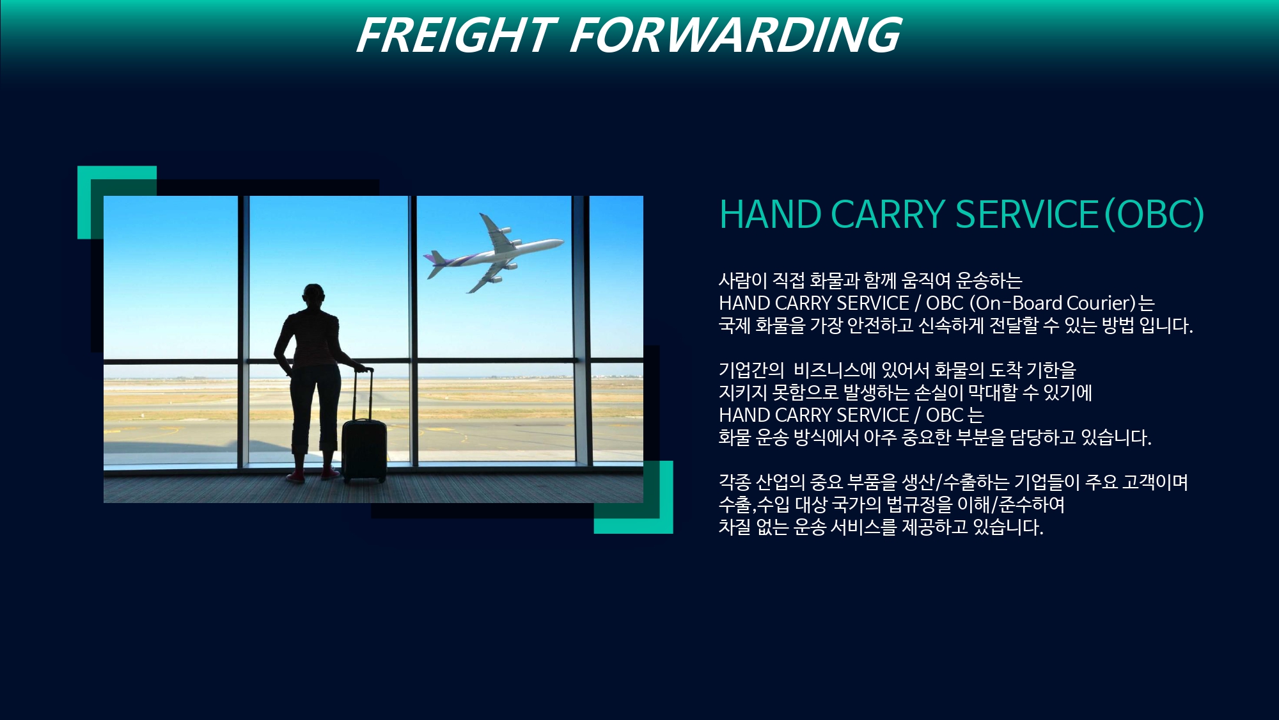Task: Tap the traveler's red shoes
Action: pyautogui.click(x=313, y=474)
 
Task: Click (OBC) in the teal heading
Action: pyautogui.click(x=1155, y=214)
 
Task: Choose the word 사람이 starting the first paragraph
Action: pyautogui.click(x=742, y=280)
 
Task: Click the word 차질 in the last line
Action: pyautogui.click(x=734, y=527)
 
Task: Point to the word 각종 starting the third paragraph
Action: pyautogui.click(x=734, y=482)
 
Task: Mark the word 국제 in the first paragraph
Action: pyautogui.click(x=734, y=325)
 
